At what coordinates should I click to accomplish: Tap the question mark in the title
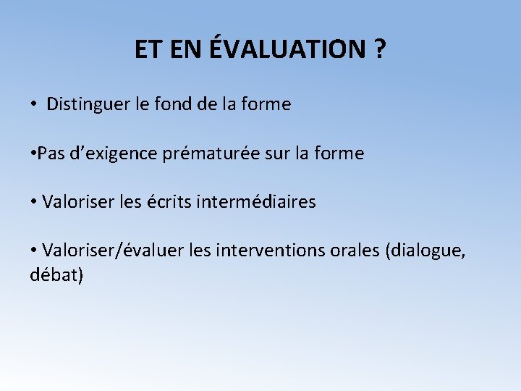(379, 49)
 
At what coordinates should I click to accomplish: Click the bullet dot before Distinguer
(34, 105)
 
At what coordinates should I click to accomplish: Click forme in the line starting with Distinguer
(266, 104)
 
